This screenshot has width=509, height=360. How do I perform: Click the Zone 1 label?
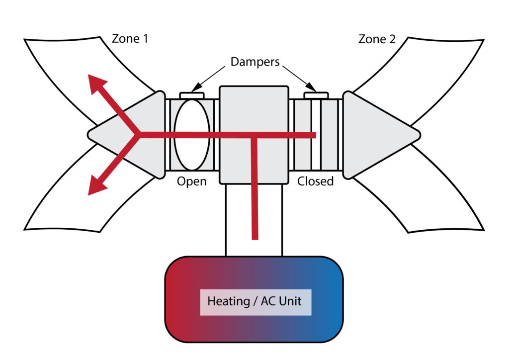tap(130, 39)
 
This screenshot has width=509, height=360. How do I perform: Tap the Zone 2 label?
tap(377, 39)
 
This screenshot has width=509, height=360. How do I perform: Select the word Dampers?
tap(255, 63)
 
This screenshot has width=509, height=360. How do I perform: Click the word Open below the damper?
tap(191, 181)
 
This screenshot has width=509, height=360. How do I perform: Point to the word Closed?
tap(315, 181)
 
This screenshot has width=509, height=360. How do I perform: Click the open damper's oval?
tap(192, 135)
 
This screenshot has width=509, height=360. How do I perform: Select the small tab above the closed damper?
tap(316, 95)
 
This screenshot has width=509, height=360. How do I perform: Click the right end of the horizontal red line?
tap(314, 135)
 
